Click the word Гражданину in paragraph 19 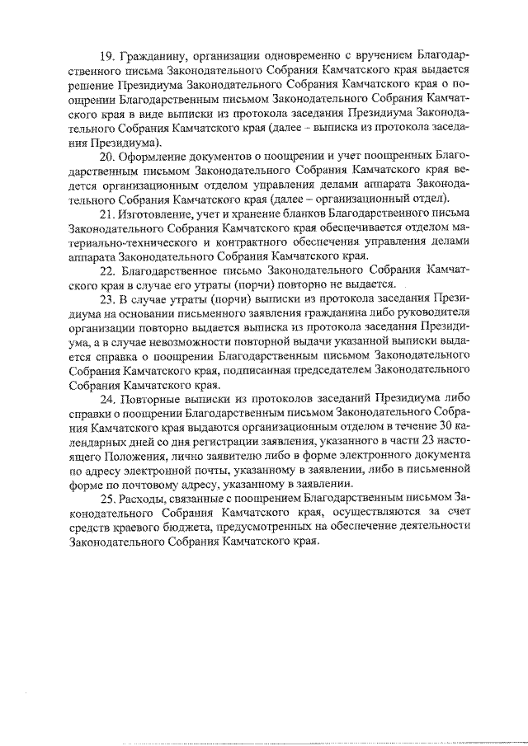click(152, 56)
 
